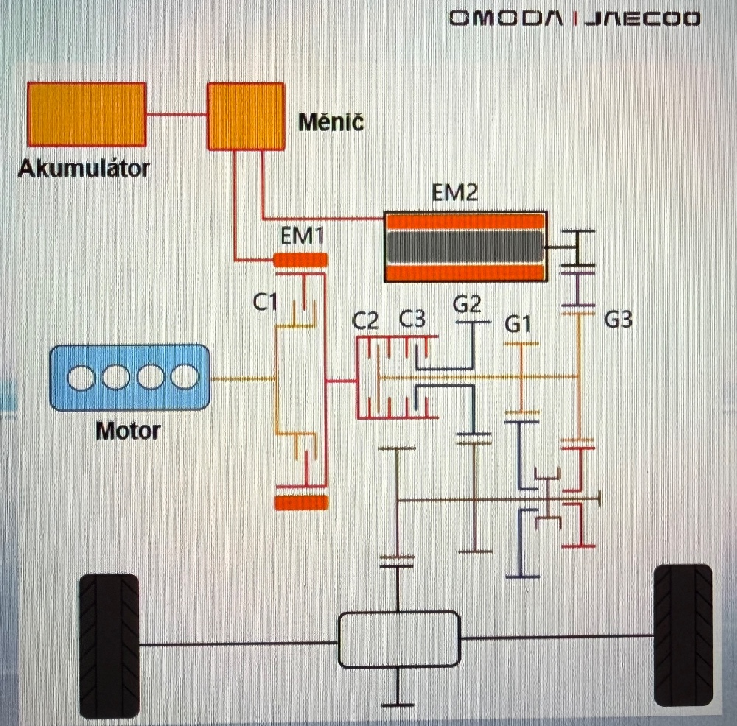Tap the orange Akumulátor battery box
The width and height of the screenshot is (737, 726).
86,114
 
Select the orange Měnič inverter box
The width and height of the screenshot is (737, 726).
245,116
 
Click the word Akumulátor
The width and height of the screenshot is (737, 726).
83,169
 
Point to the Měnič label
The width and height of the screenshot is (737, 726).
331,122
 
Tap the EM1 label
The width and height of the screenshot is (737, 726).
302,237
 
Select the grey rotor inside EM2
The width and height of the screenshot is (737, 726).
464,247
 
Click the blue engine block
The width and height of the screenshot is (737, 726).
130,378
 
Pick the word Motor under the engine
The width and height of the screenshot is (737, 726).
128,430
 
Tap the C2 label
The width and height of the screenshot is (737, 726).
366,321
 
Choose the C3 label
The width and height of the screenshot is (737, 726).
412,320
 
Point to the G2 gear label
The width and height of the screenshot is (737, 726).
467,304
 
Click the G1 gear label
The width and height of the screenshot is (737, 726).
518,324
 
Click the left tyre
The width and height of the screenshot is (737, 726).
108,646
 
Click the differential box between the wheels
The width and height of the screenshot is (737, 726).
398,639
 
